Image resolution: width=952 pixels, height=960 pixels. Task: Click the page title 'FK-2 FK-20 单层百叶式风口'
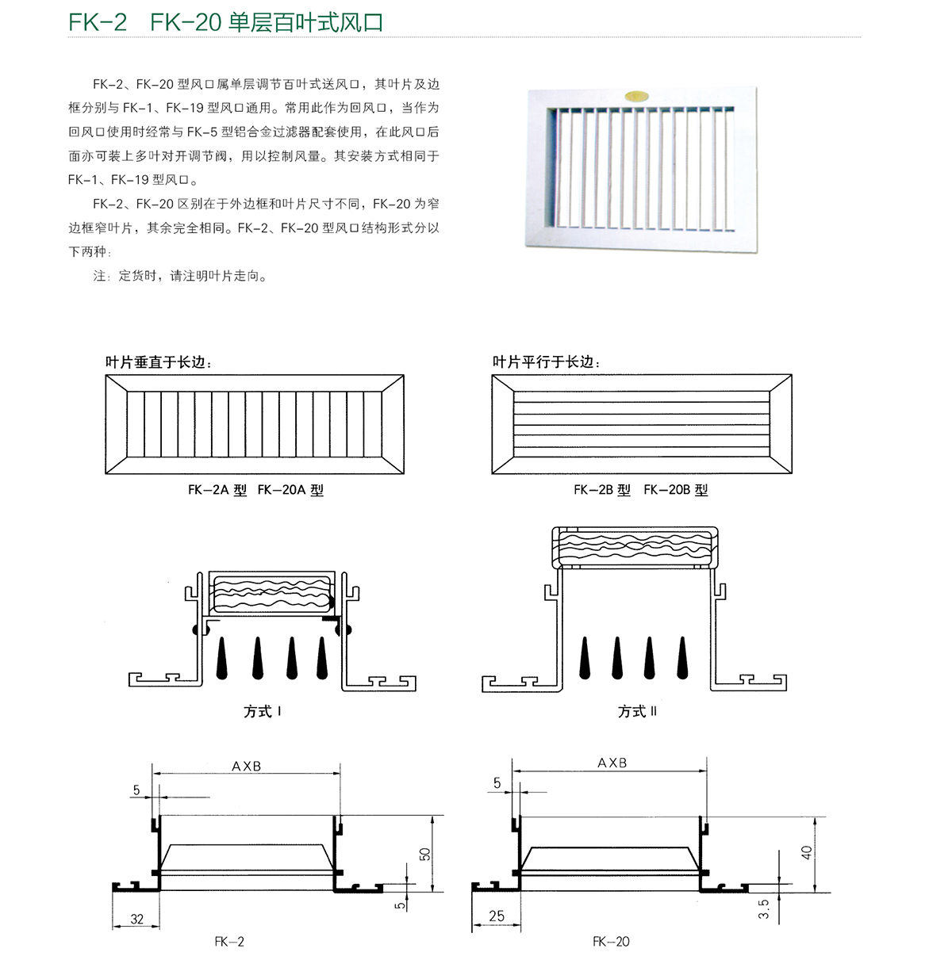tap(226, 22)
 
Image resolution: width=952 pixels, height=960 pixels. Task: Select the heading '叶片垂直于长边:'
tap(159, 362)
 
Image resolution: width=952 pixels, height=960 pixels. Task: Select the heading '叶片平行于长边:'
tap(547, 362)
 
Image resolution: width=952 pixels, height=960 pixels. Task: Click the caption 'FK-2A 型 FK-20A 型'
tap(255, 490)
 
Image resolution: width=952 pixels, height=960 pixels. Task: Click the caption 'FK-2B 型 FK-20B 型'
tap(640, 490)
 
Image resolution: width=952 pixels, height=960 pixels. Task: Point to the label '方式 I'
tap(263, 711)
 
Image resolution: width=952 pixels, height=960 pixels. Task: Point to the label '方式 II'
tap(637, 711)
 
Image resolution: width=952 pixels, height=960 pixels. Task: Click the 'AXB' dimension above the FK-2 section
tap(247, 766)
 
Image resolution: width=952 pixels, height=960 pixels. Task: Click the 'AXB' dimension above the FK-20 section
tap(612, 763)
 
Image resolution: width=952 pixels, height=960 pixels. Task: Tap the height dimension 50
tap(425, 854)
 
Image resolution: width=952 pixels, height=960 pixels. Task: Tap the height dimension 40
tap(807, 852)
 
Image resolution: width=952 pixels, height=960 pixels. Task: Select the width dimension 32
tap(137, 919)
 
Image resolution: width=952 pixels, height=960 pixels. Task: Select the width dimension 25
tap(497, 916)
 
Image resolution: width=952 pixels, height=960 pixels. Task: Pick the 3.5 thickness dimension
tap(763, 908)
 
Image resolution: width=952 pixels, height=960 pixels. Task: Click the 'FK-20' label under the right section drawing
tap(611, 942)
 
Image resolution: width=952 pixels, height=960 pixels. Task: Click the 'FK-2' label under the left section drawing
tap(229, 942)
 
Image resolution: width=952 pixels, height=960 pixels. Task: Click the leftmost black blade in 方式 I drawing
tap(223, 657)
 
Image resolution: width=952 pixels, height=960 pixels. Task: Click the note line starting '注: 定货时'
tap(181, 276)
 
